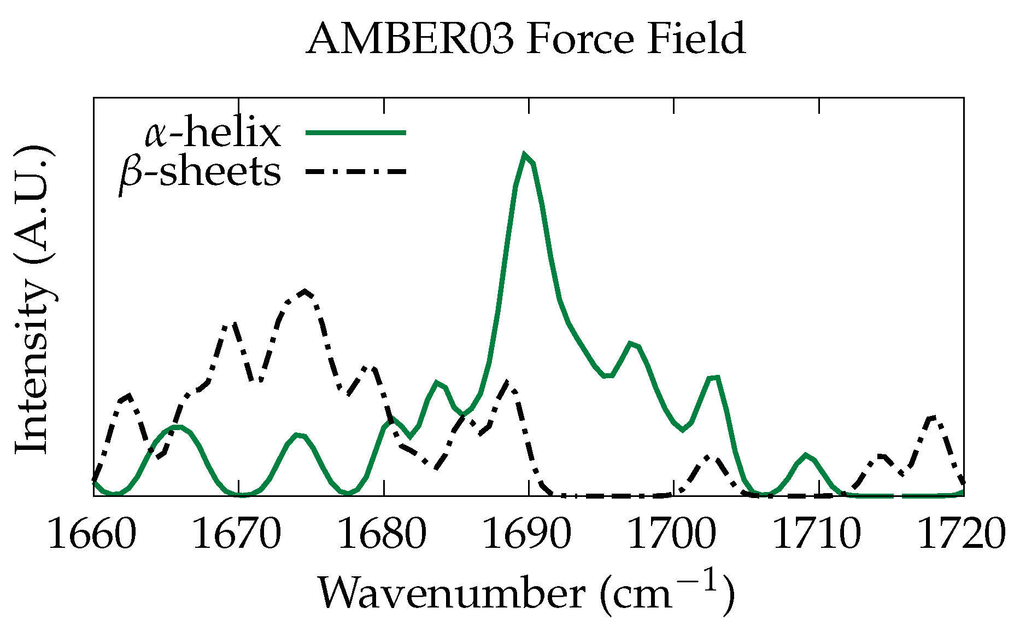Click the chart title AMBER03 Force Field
[525, 39]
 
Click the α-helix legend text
[213, 133]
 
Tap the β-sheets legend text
[200, 172]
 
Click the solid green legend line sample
[356, 132]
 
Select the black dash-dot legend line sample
[356, 171]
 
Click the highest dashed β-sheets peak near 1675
[306, 291]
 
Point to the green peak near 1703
[714, 377]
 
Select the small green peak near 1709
[806, 455]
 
